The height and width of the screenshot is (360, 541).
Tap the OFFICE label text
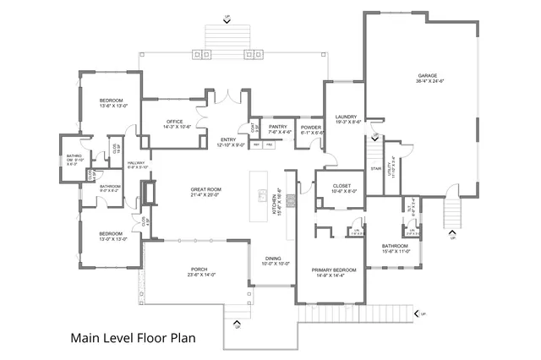pyautogui.click(x=174, y=121)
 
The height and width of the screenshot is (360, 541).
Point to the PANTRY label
pyautogui.click(x=279, y=126)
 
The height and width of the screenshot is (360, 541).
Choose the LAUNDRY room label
pyautogui.click(x=345, y=117)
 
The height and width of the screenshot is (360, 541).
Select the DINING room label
pyautogui.click(x=273, y=259)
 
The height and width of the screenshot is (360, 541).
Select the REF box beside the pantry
pyautogui.click(x=256, y=145)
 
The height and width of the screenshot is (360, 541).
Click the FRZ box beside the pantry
pyautogui.click(x=269, y=145)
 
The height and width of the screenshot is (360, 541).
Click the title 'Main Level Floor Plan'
pyautogui.click(x=132, y=337)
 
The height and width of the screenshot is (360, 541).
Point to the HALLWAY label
pyautogui.click(x=136, y=163)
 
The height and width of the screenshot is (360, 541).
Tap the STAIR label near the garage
pyautogui.click(x=376, y=168)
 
